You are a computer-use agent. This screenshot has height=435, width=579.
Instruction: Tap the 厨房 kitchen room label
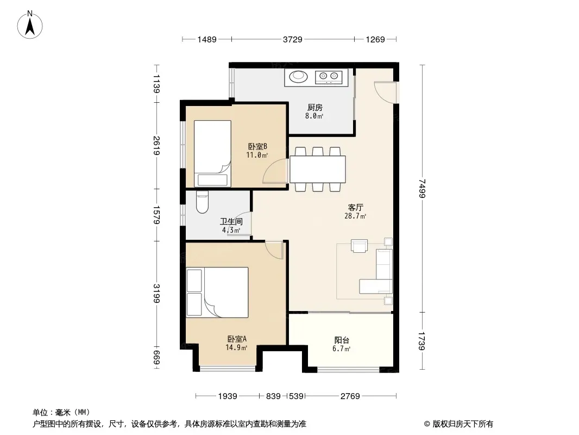click(314, 108)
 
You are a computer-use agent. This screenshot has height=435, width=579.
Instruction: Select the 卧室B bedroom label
click(257, 147)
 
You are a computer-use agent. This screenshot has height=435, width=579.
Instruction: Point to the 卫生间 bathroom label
click(231, 222)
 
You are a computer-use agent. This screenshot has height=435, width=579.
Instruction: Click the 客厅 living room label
click(356, 207)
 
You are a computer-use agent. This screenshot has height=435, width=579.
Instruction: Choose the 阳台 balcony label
click(342, 340)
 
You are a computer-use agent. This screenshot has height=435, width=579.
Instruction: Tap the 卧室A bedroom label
click(237, 339)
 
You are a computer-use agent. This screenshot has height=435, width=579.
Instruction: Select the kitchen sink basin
click(298, 77)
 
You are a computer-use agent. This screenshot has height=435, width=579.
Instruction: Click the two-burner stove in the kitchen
click(329, 77)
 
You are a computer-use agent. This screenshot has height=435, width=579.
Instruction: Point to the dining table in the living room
click(318, 169)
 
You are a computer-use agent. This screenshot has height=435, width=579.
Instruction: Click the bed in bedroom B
click(212, 153)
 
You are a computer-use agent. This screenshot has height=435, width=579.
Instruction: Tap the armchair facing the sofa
click(359, 246)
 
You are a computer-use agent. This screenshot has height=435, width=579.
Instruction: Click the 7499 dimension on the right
click(423, 189)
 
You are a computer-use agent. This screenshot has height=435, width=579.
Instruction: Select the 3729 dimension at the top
click(292, 39)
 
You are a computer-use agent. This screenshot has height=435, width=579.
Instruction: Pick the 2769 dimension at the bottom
click(350, 396)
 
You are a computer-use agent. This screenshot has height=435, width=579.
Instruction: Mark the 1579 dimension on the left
click(156, 215)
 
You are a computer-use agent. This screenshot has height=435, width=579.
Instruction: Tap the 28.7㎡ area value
click(355, 216)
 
